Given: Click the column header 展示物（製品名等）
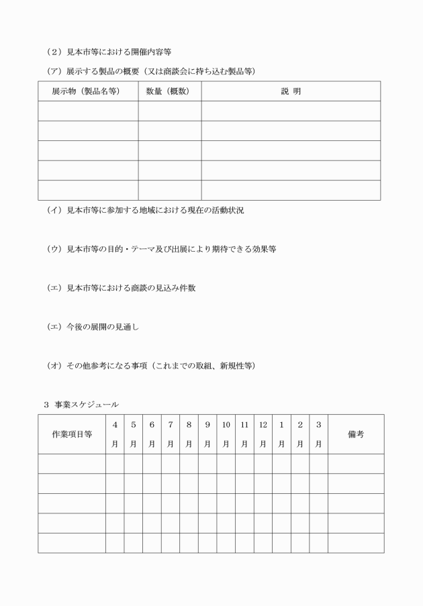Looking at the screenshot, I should coord(88,91).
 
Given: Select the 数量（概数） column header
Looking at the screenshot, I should coord(169,91).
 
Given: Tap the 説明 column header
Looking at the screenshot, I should coord(291,91).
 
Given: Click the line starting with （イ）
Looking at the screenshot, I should coord(144,210).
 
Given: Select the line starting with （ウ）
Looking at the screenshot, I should coord(161,249).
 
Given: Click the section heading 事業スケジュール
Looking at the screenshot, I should coord(81,404).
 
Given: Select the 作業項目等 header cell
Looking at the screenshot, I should coord(72,434).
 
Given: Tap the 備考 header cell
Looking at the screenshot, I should coord(356,434).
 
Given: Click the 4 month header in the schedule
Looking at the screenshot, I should coord(115,434).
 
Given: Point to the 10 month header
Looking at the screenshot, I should coord(226,434).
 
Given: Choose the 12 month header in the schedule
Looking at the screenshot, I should coord(263,434).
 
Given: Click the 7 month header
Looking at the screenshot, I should coord(171,434).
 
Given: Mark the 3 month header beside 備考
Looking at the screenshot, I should coord(318,434).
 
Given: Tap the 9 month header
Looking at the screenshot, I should coord(207,434).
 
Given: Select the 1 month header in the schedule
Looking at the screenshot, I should coord(281,434).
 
